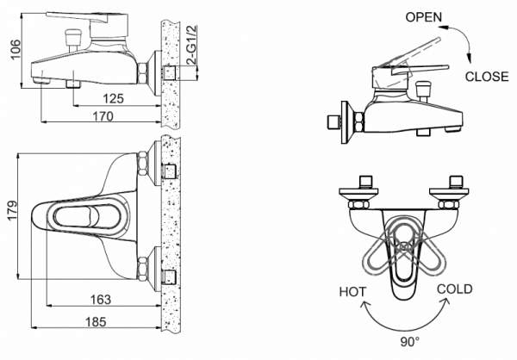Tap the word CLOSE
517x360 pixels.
(x=488, y=77)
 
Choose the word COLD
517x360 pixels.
(x=453, y=289)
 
